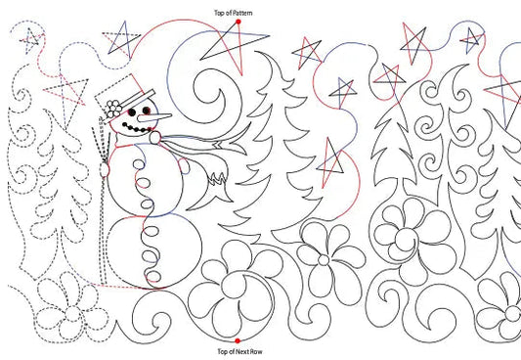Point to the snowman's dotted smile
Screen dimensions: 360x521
tap(136, 127)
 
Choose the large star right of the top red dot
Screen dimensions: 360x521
tap(235, 41)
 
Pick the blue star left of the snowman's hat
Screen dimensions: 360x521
tap(121, 40)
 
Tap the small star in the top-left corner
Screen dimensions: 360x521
tap(32, 39)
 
